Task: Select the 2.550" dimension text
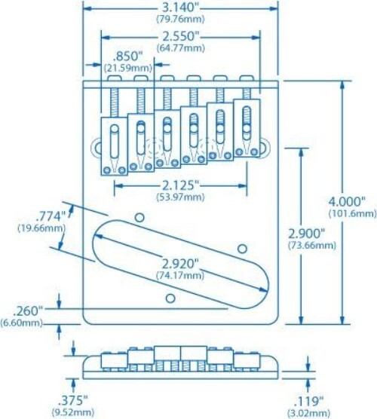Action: [178, 35]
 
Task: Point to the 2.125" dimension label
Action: [178, 184]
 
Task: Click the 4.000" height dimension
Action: [351, 202]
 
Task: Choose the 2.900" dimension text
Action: [309, 233]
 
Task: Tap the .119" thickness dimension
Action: [307, 400]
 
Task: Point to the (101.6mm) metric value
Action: [351, 213]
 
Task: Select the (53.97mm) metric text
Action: [178, 196]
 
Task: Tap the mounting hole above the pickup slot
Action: [139, 218]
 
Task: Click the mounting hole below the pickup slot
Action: [170, 297]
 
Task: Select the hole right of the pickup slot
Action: [243, 248]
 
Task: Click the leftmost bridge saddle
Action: [114, 143]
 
